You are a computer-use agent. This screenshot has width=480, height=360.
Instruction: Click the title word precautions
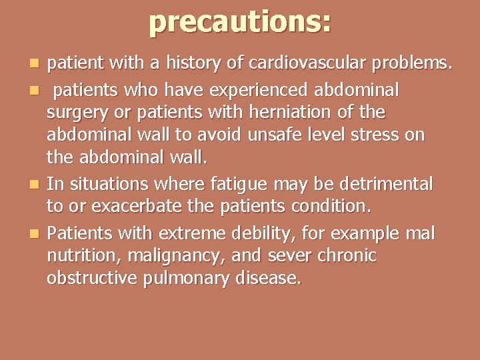[239, 21]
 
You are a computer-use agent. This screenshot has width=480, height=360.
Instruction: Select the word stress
[378, 135]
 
